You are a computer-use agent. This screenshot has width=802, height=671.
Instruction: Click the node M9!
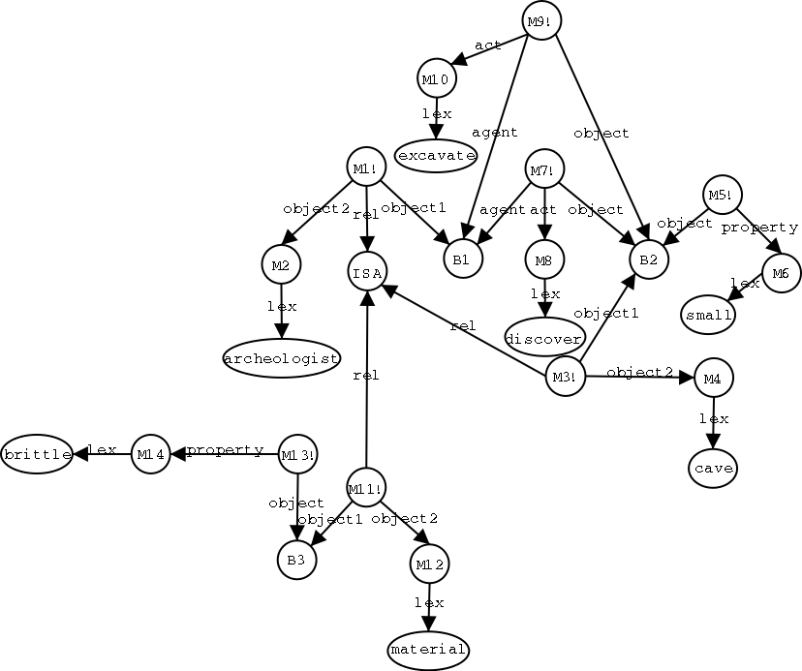point(542,21)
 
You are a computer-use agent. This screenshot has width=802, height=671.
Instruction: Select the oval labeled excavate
point(436,155)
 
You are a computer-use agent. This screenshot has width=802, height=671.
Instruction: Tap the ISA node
point(367,273)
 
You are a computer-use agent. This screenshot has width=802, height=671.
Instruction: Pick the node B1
point(461,259)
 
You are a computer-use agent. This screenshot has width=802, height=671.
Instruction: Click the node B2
point(648,259)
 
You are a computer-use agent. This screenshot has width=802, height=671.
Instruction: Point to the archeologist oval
point(281,358)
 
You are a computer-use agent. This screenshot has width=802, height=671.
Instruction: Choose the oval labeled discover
point(545,337)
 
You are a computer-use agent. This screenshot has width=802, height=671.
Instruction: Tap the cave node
point(715,469)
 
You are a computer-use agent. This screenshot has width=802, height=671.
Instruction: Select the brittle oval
point(37,453)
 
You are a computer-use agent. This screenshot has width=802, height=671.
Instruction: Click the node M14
point(150,453)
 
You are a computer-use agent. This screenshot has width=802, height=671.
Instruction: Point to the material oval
point(427,649)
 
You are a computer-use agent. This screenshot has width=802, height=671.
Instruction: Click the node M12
point(429,564)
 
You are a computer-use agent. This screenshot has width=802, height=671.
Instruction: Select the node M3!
point(566,376)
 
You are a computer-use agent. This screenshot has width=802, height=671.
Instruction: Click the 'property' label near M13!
point(225,450)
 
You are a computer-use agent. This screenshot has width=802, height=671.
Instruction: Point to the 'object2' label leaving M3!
point(639,371)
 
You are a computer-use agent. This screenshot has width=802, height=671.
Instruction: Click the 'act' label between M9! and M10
point(487,45)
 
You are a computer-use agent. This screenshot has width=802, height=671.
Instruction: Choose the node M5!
point(722,195)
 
